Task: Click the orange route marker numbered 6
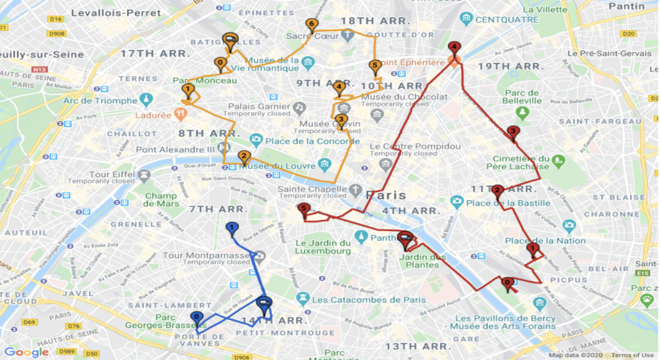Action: click(311, 25)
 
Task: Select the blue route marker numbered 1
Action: click(231, 227)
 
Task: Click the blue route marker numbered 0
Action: click(196, 317)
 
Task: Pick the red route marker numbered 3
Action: click(513, 131)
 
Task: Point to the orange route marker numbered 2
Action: click(243, 157)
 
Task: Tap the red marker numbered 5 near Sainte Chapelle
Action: click(304, 209)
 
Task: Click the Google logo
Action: click(27, 352)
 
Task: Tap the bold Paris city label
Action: click(386, 195)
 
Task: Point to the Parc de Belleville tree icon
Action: click(522, 112)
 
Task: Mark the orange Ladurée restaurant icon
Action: click(180, 113)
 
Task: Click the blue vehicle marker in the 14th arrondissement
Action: click(264, 303)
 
